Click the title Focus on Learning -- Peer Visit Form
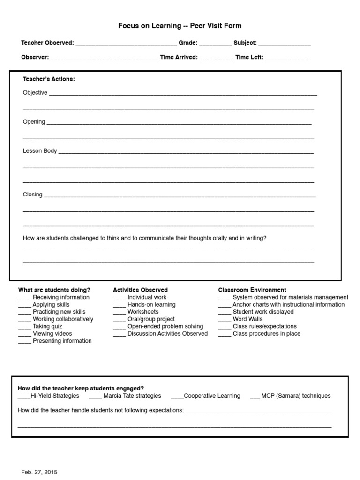pos(180,26)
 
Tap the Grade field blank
pos(215,44)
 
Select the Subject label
pos(245,43)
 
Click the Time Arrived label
pos(179,57)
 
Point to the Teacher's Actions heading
pos(49,79)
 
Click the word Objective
pos(35,93)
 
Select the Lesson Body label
pos(40,151)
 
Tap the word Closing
pos(32,195)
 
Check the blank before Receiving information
pos(24,298)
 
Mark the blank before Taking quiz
pos(24,327)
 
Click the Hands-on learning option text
pos(151,305)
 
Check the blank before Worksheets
pos(119,313)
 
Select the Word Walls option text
pos(247,319)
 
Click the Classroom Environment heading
pos(252,290)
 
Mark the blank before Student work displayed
pos(225,313)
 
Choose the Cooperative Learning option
pos(212,396)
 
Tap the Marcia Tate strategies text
pos(132,396)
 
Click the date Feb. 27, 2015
pos(39,472)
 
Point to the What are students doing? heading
pos(54,290)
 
